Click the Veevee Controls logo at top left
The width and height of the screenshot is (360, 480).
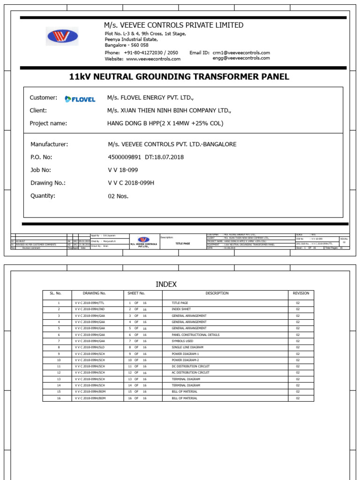[62, 36]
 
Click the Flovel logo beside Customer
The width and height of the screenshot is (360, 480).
[80, 99]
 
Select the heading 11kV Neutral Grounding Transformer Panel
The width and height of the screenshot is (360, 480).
[179, 77]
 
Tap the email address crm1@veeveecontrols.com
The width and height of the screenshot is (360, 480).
[241, 53]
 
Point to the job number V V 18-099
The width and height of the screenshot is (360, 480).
[123, 170]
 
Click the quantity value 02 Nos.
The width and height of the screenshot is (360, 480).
[118, 196]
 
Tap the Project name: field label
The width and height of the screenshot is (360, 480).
[48, 123]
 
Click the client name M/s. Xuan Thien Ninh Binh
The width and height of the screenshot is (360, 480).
[169, 111]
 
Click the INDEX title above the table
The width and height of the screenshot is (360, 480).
[166, 285]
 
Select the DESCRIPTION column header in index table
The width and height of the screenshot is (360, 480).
[217, 293]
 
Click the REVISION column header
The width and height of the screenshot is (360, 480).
[301, 293]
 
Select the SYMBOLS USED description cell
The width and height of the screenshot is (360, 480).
[182, 341]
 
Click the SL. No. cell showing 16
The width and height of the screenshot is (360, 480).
[59, 398]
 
